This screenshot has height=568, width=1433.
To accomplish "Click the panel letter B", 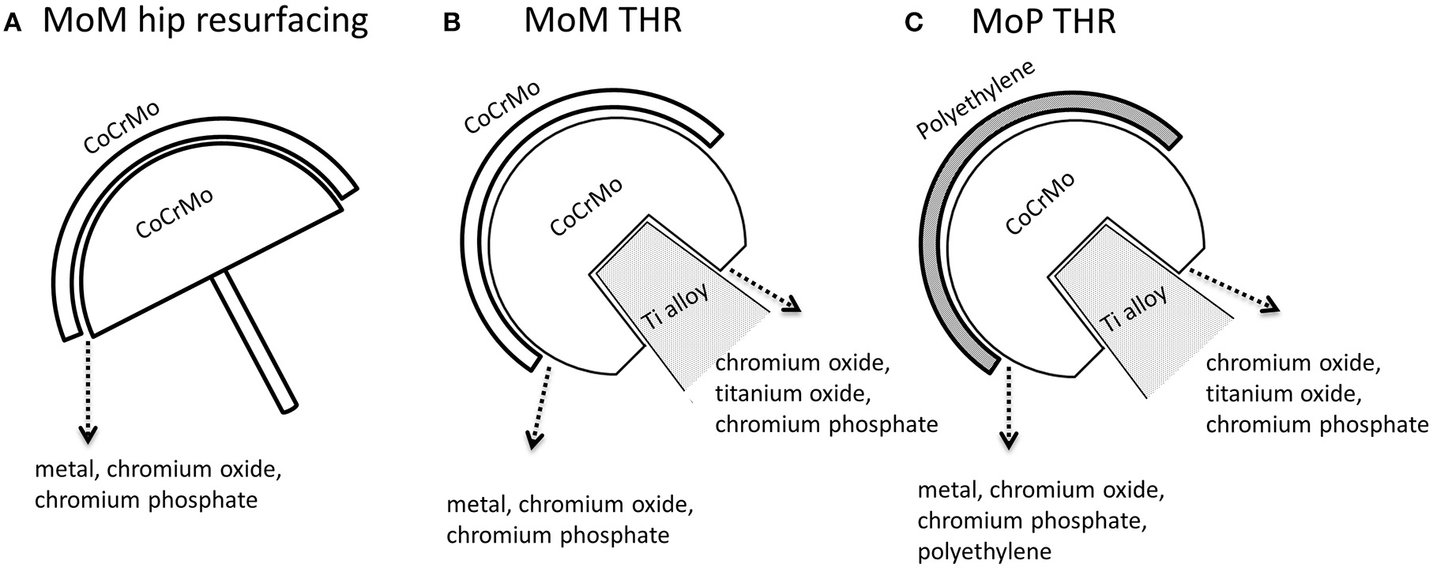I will coord(451,24).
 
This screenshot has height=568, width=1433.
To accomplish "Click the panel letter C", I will coord(914,24).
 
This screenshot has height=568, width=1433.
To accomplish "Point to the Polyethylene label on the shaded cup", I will coord(976,100).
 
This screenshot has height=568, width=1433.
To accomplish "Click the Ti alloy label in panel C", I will coord(1134,310).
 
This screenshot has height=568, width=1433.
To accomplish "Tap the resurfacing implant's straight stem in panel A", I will coord(256,340).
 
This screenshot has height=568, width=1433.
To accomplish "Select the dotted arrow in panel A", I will coord(88,387).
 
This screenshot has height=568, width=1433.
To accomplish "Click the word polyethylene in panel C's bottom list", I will coord(984,551).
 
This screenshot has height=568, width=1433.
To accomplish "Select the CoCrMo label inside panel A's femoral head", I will coord(175,213).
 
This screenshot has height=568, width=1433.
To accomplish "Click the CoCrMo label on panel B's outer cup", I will coord(502,107).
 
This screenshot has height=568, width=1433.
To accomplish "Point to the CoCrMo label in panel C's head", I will coord(1040,204).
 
